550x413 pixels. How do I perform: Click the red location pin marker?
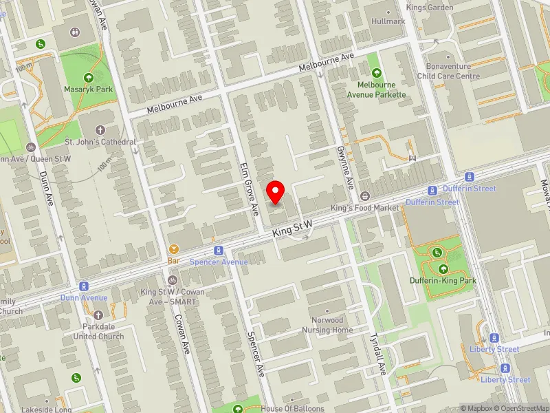276,191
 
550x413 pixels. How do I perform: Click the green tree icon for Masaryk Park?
88,78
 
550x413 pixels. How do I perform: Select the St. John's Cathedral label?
100,142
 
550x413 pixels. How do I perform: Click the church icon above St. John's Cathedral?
100,129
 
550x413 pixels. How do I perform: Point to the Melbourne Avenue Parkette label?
376,89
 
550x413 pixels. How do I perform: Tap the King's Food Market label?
364,207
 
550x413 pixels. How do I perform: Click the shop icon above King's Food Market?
364,195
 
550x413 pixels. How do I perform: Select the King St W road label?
292,229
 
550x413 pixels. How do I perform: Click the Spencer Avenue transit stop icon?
219,251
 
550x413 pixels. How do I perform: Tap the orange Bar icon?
173,249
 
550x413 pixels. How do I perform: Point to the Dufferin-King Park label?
443,280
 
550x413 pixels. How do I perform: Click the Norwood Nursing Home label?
327,325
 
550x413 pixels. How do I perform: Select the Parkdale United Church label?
98,332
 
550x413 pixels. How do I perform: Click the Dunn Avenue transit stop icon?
84,286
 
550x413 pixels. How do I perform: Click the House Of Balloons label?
292,408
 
